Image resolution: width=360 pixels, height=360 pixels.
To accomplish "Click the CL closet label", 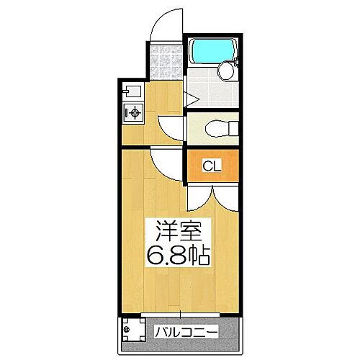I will point(210,166).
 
